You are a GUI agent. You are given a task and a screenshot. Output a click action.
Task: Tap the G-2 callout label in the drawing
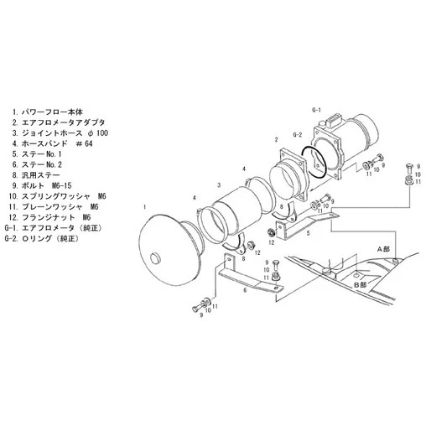click(x=298, y=134)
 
